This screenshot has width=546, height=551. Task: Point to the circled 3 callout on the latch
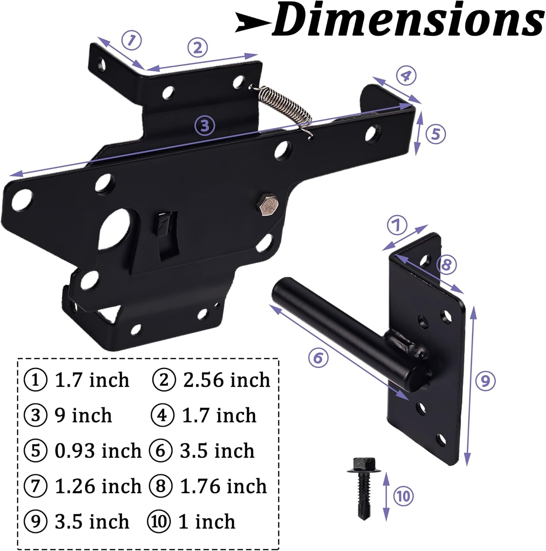point(204,126)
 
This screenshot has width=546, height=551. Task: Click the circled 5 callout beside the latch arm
point(436,134)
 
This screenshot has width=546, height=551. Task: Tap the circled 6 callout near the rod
point(318,357)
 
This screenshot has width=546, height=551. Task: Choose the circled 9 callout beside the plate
point(485,381)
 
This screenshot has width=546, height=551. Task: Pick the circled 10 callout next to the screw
point(404,496)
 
